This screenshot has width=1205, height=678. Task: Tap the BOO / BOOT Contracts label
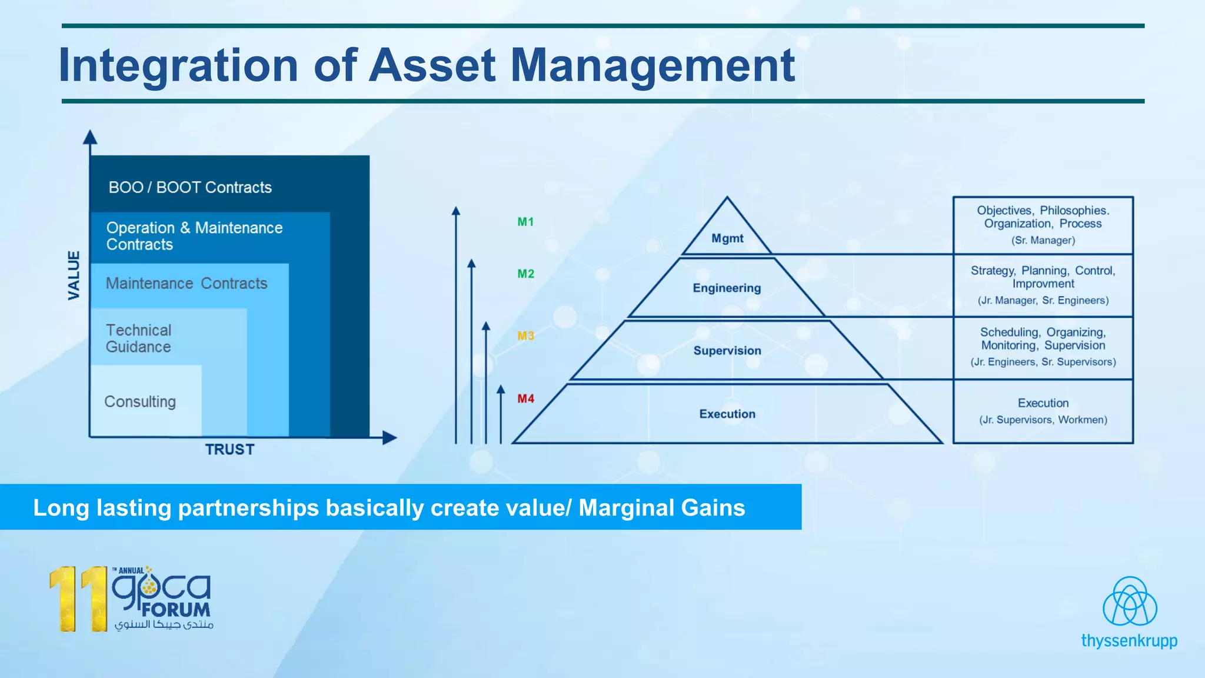tap(190, 188)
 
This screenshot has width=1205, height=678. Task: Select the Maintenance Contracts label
tap(187, 284)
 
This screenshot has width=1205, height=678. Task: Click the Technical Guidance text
tap(139, 338)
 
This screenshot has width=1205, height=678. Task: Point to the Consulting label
tap(140, 402)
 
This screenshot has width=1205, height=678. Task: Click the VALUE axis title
tap(74, 275)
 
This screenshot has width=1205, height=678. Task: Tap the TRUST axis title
tap(229, 450)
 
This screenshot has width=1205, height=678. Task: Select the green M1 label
tap(525, 222)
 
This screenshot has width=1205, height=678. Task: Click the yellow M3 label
tap(525, 336)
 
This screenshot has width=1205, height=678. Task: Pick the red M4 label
tap(525, 399)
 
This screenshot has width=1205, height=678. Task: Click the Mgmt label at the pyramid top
tap(727, 238)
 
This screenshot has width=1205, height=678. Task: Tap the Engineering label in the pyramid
tap(727, 288)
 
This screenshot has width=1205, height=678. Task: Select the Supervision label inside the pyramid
tap(727, 351)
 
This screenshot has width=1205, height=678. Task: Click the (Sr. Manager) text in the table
tap(1043, 241)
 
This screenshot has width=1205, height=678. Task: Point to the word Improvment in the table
tap(1043, 284)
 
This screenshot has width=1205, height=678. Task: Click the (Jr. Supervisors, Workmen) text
tap(1043, 420)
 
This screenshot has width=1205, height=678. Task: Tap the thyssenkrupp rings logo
tap(1129, 601)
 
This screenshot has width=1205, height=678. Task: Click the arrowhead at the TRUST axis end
tap(390, 438)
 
